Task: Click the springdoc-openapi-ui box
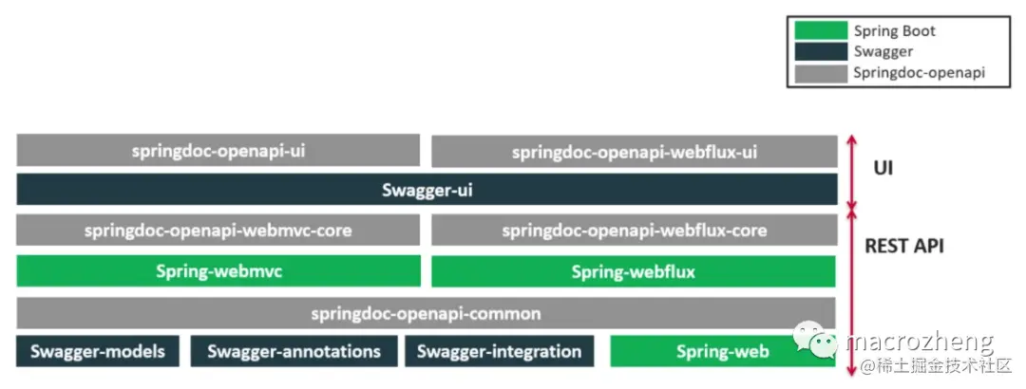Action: [218, 150]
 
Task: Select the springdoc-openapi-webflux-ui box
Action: [634, 151]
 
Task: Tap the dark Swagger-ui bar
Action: [427, 190]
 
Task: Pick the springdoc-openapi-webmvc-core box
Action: [218, 230]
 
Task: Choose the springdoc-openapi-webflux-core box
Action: [634, 230]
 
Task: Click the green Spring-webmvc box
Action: [218, 271]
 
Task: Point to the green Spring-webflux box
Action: [634, 271]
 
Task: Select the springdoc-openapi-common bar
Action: [427, 312]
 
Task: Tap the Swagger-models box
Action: [97, 351]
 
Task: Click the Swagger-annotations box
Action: [293, 351]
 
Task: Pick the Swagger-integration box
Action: [499, 351]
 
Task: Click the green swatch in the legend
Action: [820, 30]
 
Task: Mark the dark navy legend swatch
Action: [820, 51]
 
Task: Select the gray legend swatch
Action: [820, 71]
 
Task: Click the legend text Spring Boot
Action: [894, 30]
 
